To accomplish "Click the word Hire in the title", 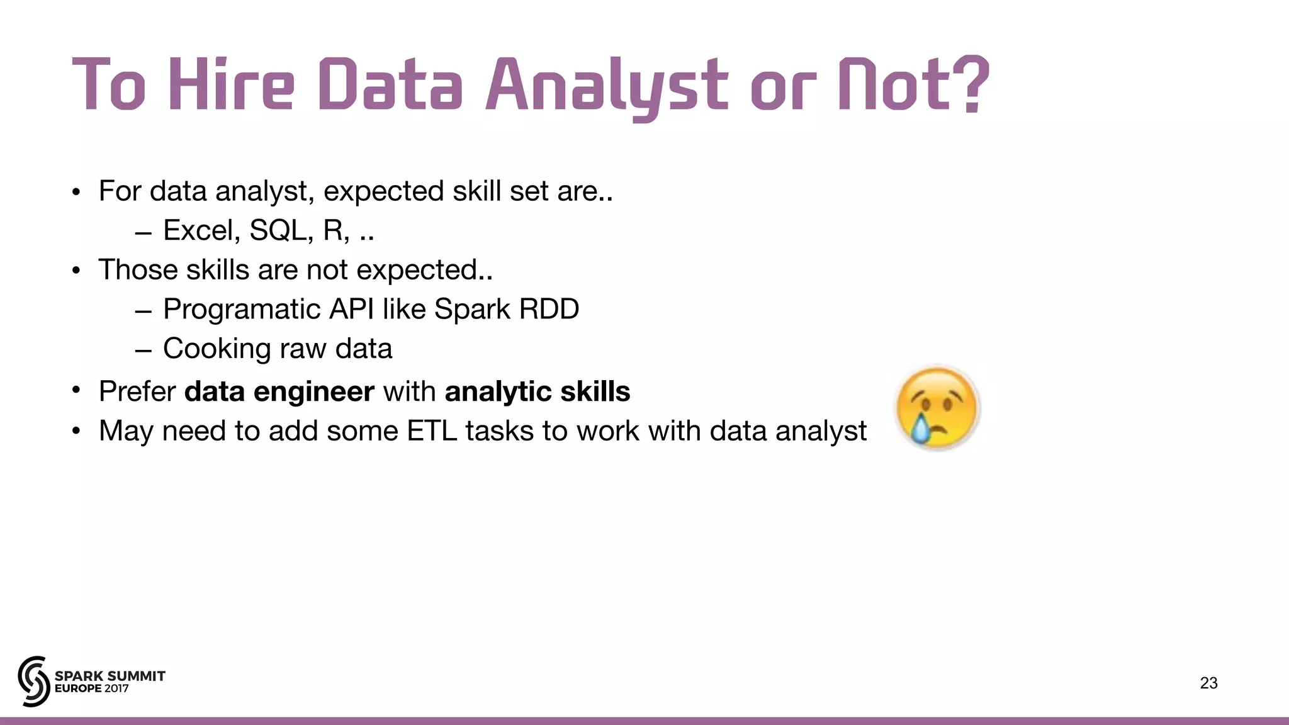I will coord(231,85).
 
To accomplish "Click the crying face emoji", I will coord(937,408).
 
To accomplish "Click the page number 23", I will coord(1208,683).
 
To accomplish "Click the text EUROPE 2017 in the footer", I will coord(92,688).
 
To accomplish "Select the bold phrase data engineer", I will coord(279,391).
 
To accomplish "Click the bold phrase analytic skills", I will coord(537,391).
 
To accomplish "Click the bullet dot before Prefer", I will coord(76,391).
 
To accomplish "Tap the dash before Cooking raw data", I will coord(143,350).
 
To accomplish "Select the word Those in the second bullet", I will coord(137,270).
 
